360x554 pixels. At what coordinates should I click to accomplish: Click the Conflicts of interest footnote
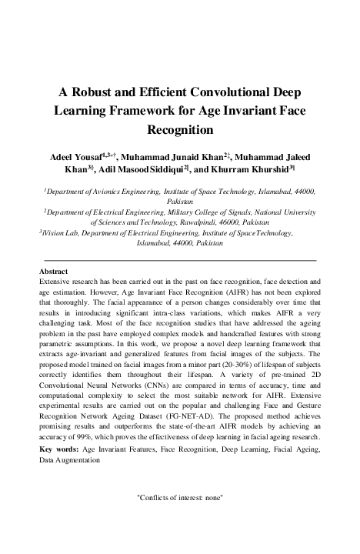point(179,498)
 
